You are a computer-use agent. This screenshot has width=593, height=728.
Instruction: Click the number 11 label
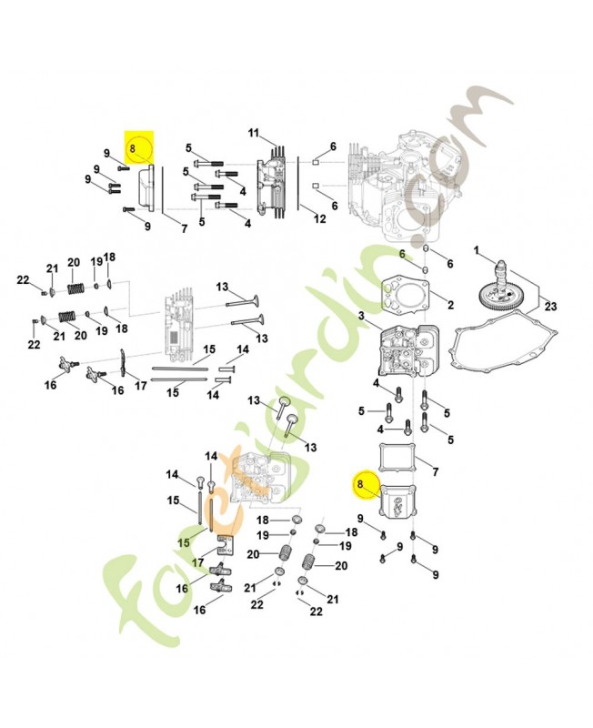254,133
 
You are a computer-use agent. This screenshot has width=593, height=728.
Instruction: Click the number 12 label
320,218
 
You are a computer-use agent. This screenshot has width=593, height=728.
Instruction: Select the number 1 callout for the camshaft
476,251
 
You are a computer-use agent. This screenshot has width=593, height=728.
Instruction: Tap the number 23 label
551,307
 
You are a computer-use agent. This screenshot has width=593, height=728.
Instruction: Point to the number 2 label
450,305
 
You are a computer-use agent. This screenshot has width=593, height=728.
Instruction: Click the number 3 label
361,316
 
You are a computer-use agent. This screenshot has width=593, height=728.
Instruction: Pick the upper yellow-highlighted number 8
133,149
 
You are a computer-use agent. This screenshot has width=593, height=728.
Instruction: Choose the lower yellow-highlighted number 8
360,484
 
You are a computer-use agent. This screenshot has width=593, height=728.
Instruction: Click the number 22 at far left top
23,280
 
